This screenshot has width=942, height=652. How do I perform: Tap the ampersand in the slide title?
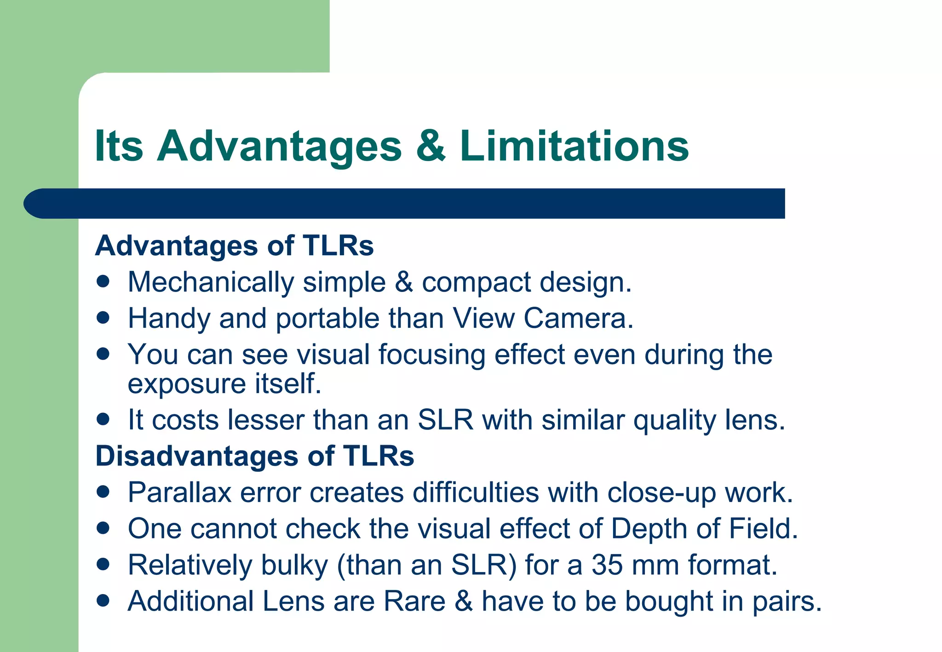pos(431,146)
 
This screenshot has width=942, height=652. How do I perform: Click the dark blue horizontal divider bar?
pos(405,203)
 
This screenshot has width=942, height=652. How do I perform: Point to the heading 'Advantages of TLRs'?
pos(234,246)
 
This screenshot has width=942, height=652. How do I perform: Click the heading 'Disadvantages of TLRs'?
pos(254,456)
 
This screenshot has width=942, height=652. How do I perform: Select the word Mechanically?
pos(211,282)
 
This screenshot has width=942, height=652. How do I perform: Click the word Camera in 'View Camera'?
pos(578,318)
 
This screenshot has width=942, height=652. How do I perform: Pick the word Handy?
pos(169,319)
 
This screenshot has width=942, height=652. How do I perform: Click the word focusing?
pos(431,355)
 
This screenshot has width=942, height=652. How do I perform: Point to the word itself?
pos(287,383)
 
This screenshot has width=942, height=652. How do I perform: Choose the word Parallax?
pos(179,492)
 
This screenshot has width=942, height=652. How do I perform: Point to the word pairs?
pos(787,601)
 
